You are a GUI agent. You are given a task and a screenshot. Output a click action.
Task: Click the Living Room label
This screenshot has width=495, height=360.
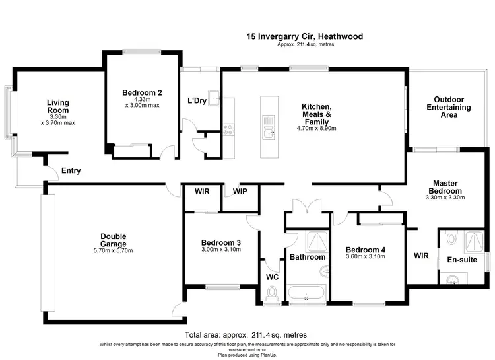coord(58,106)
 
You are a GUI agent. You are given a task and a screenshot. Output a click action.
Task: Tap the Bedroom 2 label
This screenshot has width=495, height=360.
coord(142,92)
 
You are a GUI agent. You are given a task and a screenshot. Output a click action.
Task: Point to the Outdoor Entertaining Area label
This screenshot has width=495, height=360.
coord(449,107)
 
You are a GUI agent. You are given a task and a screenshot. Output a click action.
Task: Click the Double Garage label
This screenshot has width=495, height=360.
coord(114,240)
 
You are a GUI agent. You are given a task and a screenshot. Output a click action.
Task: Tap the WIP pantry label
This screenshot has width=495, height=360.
coord(240,192)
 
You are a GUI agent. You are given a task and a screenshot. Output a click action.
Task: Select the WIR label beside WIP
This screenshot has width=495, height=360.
coord(202,192)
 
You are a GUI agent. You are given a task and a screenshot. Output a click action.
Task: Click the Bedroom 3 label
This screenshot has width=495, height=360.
coord(220,243)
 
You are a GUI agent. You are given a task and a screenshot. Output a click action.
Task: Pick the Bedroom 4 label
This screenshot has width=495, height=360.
coord(365,249)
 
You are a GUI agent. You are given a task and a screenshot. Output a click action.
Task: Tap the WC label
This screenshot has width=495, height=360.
coord(271,277)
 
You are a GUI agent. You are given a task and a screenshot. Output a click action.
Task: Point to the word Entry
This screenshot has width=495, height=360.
coord(71,171)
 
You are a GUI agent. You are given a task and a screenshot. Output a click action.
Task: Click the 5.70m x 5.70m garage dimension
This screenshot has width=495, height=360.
coord(114,251)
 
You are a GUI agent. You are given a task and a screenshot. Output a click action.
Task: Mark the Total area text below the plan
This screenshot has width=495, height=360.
coord(246,335)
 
